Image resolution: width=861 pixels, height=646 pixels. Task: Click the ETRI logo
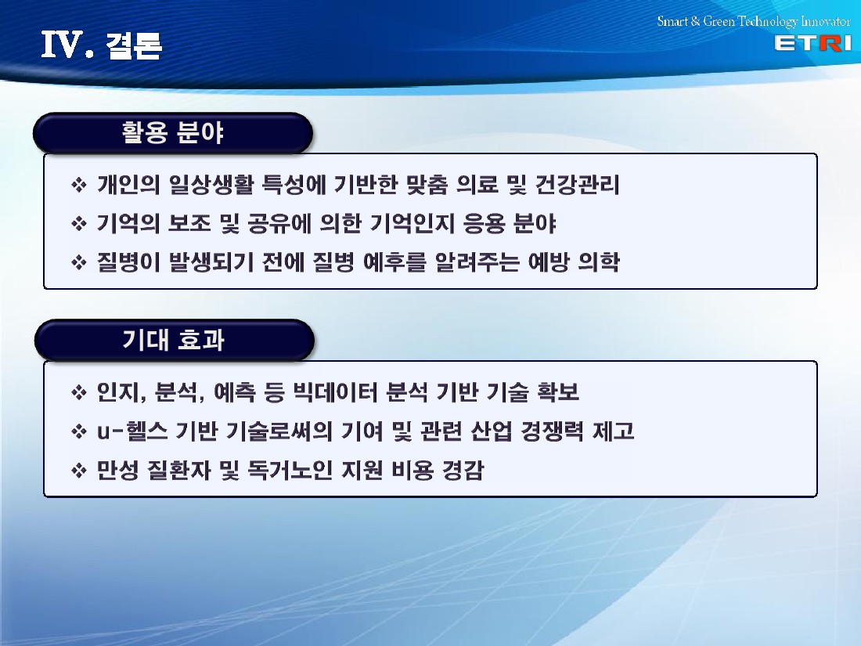[812, 43]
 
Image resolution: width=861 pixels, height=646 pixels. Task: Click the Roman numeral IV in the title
[62, 45]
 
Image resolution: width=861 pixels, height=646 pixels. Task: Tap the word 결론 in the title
[133, 45]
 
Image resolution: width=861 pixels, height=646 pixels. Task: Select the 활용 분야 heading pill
[173, 133]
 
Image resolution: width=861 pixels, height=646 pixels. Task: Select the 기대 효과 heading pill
[174, 340]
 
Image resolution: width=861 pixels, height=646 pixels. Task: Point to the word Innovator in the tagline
[825, 21]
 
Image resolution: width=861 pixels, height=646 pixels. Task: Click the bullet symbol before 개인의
[79, 185]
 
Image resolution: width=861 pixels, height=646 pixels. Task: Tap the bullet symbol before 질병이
[79, 262]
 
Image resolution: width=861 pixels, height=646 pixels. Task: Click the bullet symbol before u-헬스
[79, 431]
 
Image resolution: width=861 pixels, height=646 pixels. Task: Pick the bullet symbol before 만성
[79, 471]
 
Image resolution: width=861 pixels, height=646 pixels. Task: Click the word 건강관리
[577, 185]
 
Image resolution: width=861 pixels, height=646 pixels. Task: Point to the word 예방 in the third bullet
[549, 262]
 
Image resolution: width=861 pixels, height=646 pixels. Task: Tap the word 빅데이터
[335, 392]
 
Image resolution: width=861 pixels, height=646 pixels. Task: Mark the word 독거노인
[290, 471]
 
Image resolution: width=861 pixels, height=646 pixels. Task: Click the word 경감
[463, 471]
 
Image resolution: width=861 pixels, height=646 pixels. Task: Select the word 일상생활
[211, 185]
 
